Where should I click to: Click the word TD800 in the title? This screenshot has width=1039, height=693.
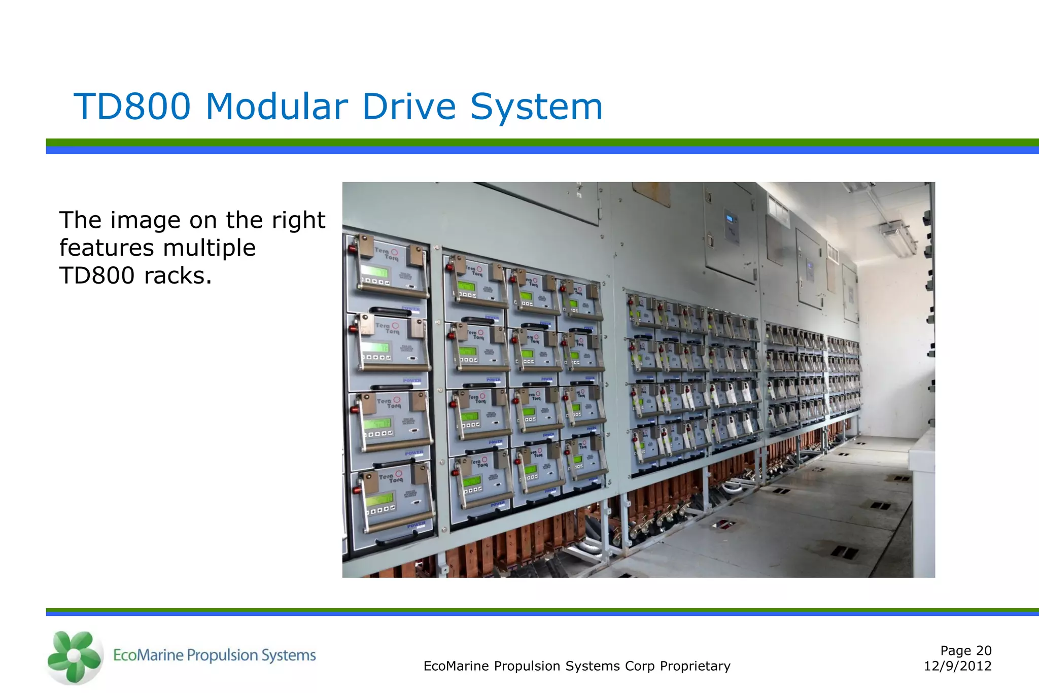tap(132, 107)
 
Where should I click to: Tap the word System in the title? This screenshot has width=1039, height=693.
tap(536, 107)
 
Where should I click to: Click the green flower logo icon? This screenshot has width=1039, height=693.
tap(74, 656)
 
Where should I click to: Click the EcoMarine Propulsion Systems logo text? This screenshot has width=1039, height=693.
tap(214, 655)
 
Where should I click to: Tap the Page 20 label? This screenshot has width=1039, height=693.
tap(965, 650)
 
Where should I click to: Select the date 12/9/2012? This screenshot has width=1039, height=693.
tap(957, 666)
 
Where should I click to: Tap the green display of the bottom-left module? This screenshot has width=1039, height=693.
tap(379, 500)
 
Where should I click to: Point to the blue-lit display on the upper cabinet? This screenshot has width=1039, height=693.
tap(730, 219)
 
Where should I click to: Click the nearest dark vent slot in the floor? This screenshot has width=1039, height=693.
tap(844, 552)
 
